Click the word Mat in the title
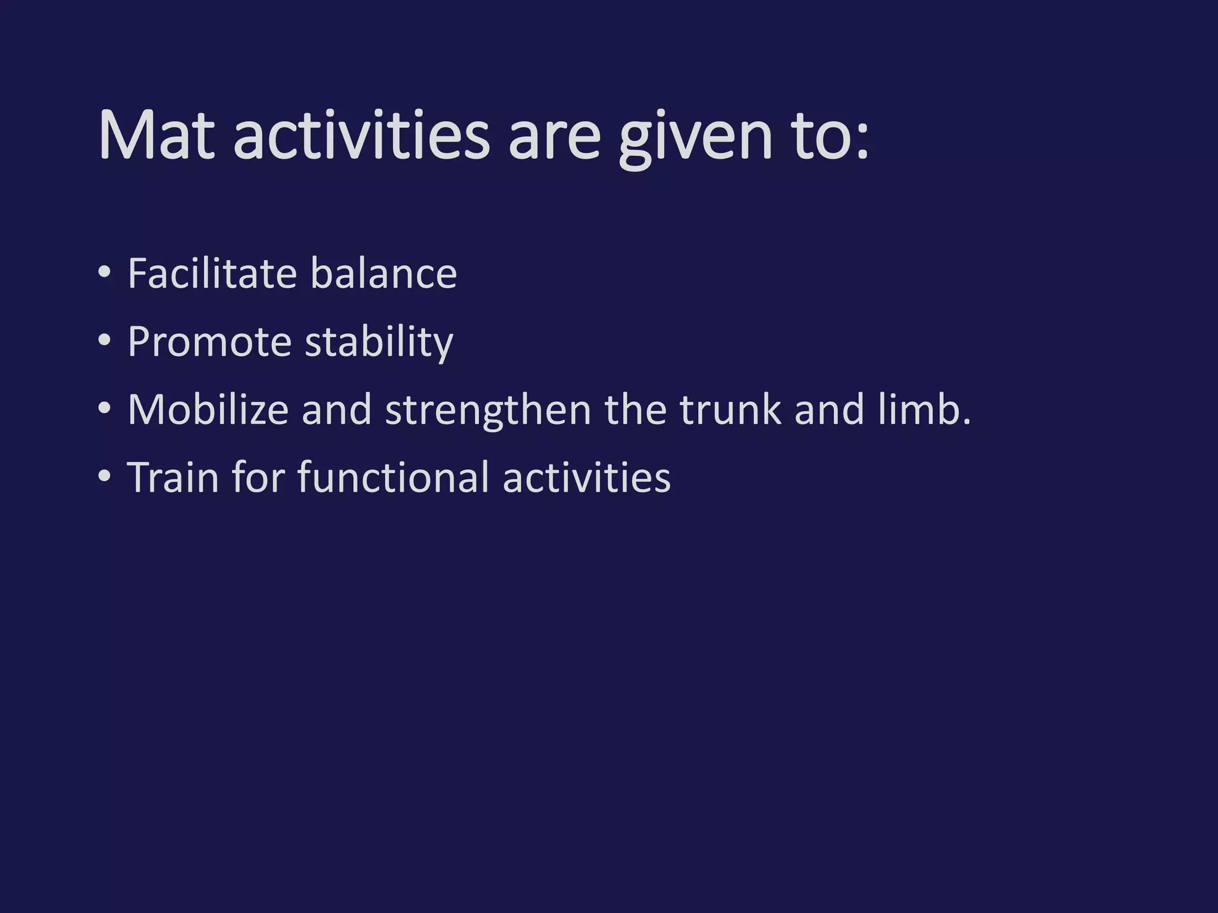click(x=156, y=136)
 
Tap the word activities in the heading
click(x=361, y=136)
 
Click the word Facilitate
click(x=212, y=273)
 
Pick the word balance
click(x=383, y=273)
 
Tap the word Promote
click(x=209, y=342)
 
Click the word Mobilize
click(x=208, y=410)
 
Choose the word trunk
click(x=730, y=410)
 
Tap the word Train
click(x=173, y=477)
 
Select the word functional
click(x=393, y=477)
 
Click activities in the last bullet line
click(x=586, y=477)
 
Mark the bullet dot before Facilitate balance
click(x=105, y=273)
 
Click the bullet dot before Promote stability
click(x=105, y=341)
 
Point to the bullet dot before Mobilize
click(x=105, y=409)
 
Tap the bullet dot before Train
click(x=105, y=477)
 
